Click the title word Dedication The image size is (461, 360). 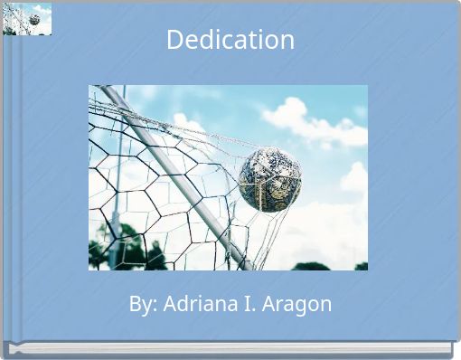click(x=230, y=40)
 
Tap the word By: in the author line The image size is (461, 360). click(x=142, y=305)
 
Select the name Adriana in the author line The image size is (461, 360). click(x=198, y=305)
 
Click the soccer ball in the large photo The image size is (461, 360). click(x=269, y=180)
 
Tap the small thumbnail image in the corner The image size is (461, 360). click(x=27, y=19)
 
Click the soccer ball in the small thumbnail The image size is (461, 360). click(x=34, y=19)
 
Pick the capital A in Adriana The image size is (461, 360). click(x=169, y=305)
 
